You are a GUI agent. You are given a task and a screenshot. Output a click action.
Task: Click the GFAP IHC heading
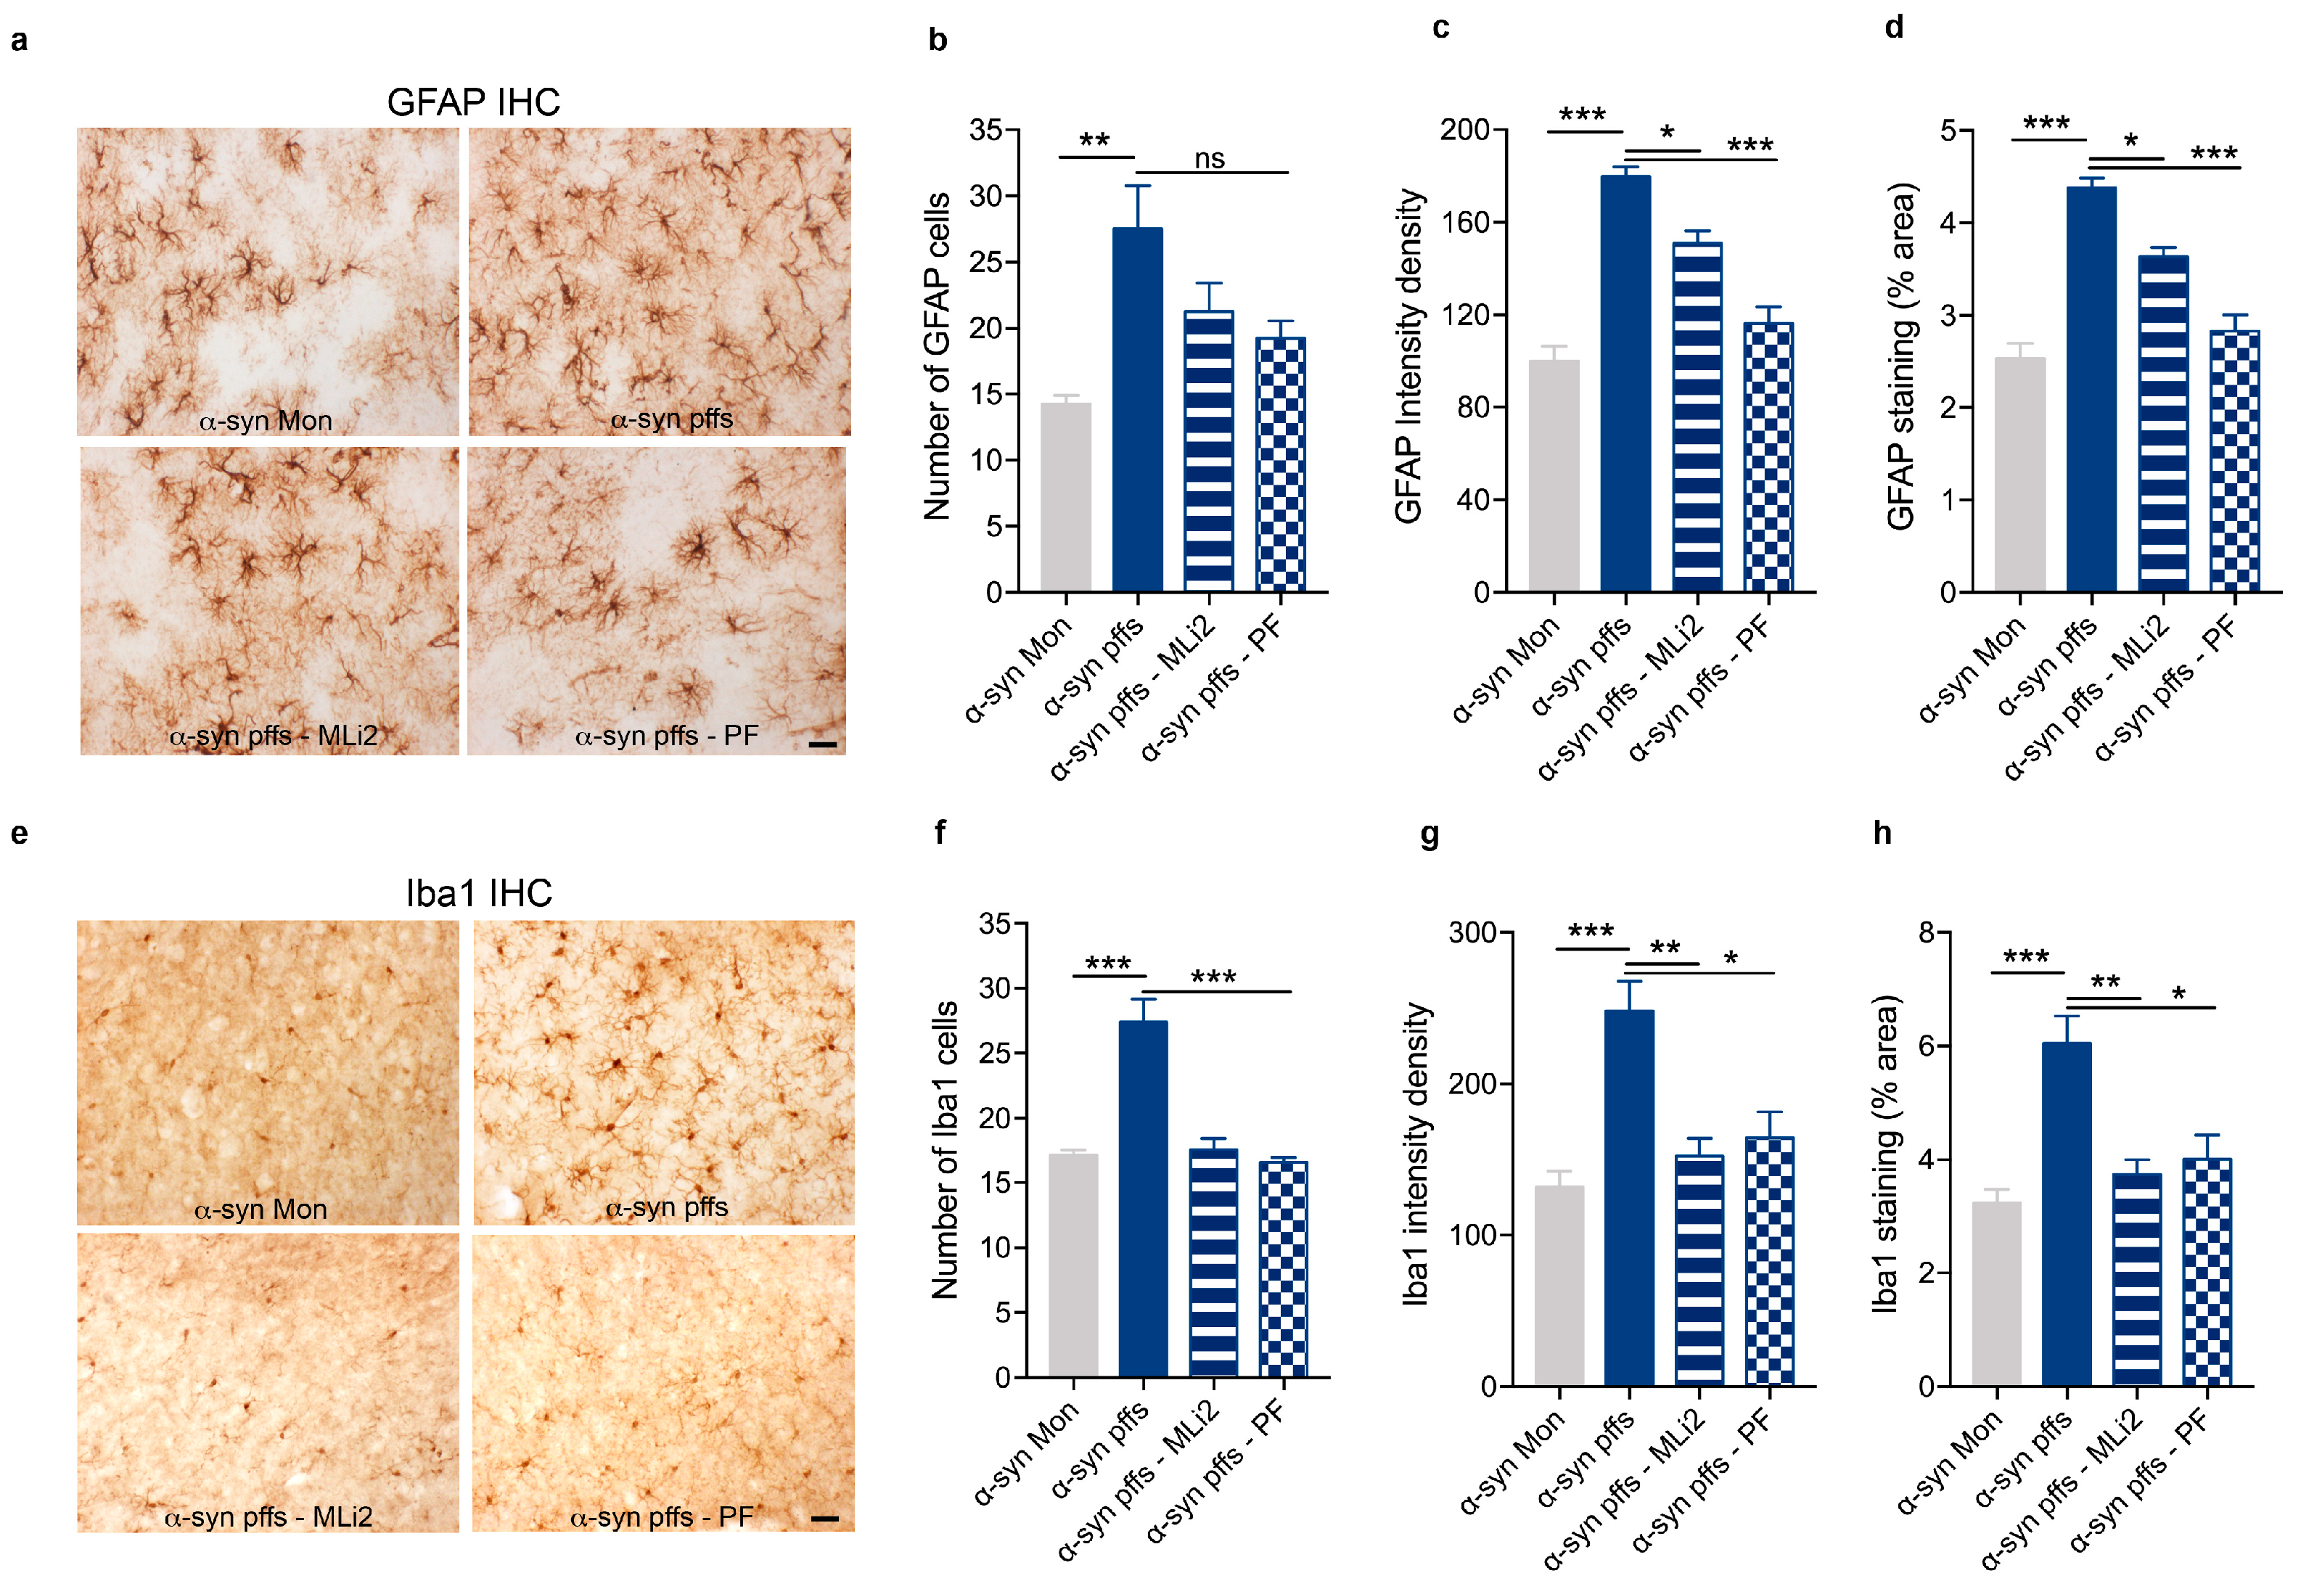[x=473, y=102]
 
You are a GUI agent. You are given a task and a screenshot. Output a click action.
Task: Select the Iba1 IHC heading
[x=478, y=893]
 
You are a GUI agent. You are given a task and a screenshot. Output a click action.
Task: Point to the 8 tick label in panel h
[x=1927, y=933]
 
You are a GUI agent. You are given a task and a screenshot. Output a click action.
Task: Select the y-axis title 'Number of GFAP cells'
[x=937, y=356]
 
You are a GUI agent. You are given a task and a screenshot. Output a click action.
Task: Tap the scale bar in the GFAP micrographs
[x=822, y=744]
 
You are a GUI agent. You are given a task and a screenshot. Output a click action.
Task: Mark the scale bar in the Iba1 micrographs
[x=824, y=1519]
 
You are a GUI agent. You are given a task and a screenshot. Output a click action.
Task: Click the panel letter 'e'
[x=19, y=834]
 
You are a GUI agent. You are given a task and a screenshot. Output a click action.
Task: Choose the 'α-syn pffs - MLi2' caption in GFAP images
[x=273, y=736]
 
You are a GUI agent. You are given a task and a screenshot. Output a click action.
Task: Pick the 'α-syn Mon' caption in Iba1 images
[x=261, y=1210]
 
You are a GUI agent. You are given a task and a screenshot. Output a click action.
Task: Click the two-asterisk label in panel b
[x=1094, y=140]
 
